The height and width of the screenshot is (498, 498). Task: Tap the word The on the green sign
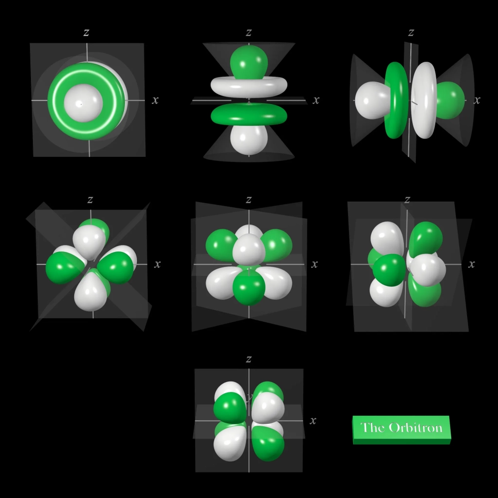pyautogui.click(x=372, y=427)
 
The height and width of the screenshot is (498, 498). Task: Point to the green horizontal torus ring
pyautogui.click(x=249, y=115)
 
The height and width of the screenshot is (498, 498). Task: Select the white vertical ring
pyautogui.click(x=424, y=100)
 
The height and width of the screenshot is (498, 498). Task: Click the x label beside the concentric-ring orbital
pyautogui.click(x=155, y=100)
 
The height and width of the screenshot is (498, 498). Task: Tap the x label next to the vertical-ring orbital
pyautogui.click(x=477, y=100)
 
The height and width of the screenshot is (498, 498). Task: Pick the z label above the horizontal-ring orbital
pyautogui.click(x=249, y=33)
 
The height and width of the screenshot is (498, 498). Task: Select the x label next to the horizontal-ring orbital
pyautogui.click(x=316, y=100)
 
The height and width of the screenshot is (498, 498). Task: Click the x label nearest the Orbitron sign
pyautogui.click(x=313, y=421)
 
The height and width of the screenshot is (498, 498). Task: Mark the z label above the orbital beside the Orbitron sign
pyautogui.click(x=249, y=359)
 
